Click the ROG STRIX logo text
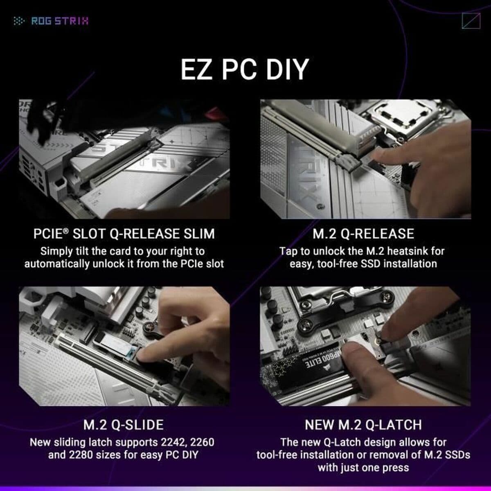point(59,21)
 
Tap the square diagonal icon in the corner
point(471,21)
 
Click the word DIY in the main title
point(286,70)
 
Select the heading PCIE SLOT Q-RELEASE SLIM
point(124,234)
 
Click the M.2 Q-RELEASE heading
point(363,234)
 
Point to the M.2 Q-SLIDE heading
point(124,425)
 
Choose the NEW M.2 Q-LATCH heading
point(363,425)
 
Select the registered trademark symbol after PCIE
point(66,230)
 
